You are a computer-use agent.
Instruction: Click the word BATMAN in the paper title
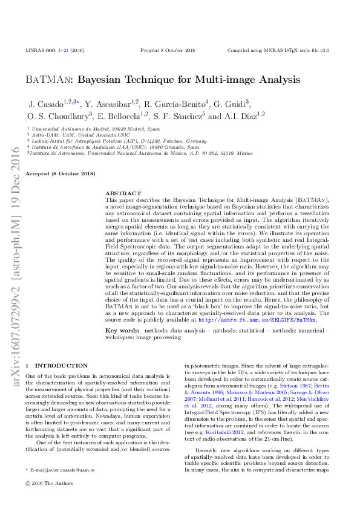point(50,79)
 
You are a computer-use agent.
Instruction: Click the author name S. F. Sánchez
point(171,115)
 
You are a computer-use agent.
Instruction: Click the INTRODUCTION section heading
point(61,366)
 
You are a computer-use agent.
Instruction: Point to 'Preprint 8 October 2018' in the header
point(168,51)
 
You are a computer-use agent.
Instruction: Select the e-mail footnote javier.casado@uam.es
point(60,469)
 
